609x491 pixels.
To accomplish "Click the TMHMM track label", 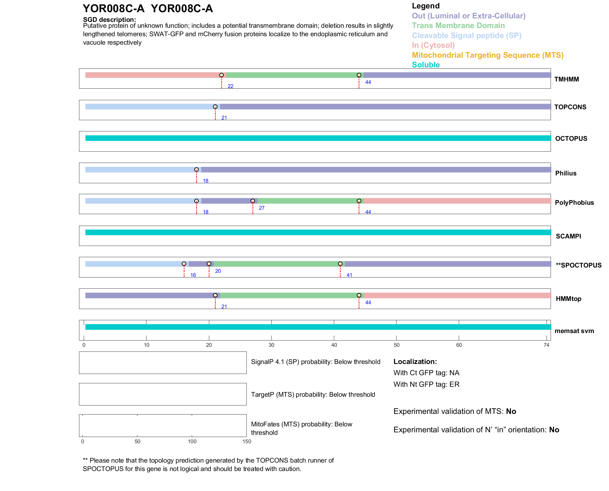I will (566, 79).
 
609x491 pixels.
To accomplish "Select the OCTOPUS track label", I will (571, 139).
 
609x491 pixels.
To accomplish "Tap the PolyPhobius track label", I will (574, 203).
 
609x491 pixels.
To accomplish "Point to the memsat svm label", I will (574, 331).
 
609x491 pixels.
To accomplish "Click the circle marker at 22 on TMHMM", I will (221, 75).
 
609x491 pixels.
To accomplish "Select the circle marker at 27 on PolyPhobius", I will (253, 201).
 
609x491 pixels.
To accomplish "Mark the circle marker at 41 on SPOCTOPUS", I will (340, 264).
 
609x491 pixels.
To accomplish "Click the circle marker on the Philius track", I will (196, 170).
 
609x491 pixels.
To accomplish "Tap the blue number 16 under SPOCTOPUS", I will (193, 275).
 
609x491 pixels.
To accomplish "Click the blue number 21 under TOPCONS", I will (224, 118).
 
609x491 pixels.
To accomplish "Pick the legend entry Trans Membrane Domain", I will (458, 26).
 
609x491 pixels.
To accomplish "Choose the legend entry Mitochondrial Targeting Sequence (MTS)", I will (488, 55).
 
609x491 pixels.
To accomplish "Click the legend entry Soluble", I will (426, 65).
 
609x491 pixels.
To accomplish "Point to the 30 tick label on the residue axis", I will (271, 345).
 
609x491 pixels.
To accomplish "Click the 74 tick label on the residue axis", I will (546, 345).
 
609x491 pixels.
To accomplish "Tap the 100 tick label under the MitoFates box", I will (192, 441).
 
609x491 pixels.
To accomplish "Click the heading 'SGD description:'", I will (109, 20).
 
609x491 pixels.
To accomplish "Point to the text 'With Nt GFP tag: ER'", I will (426, 384).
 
